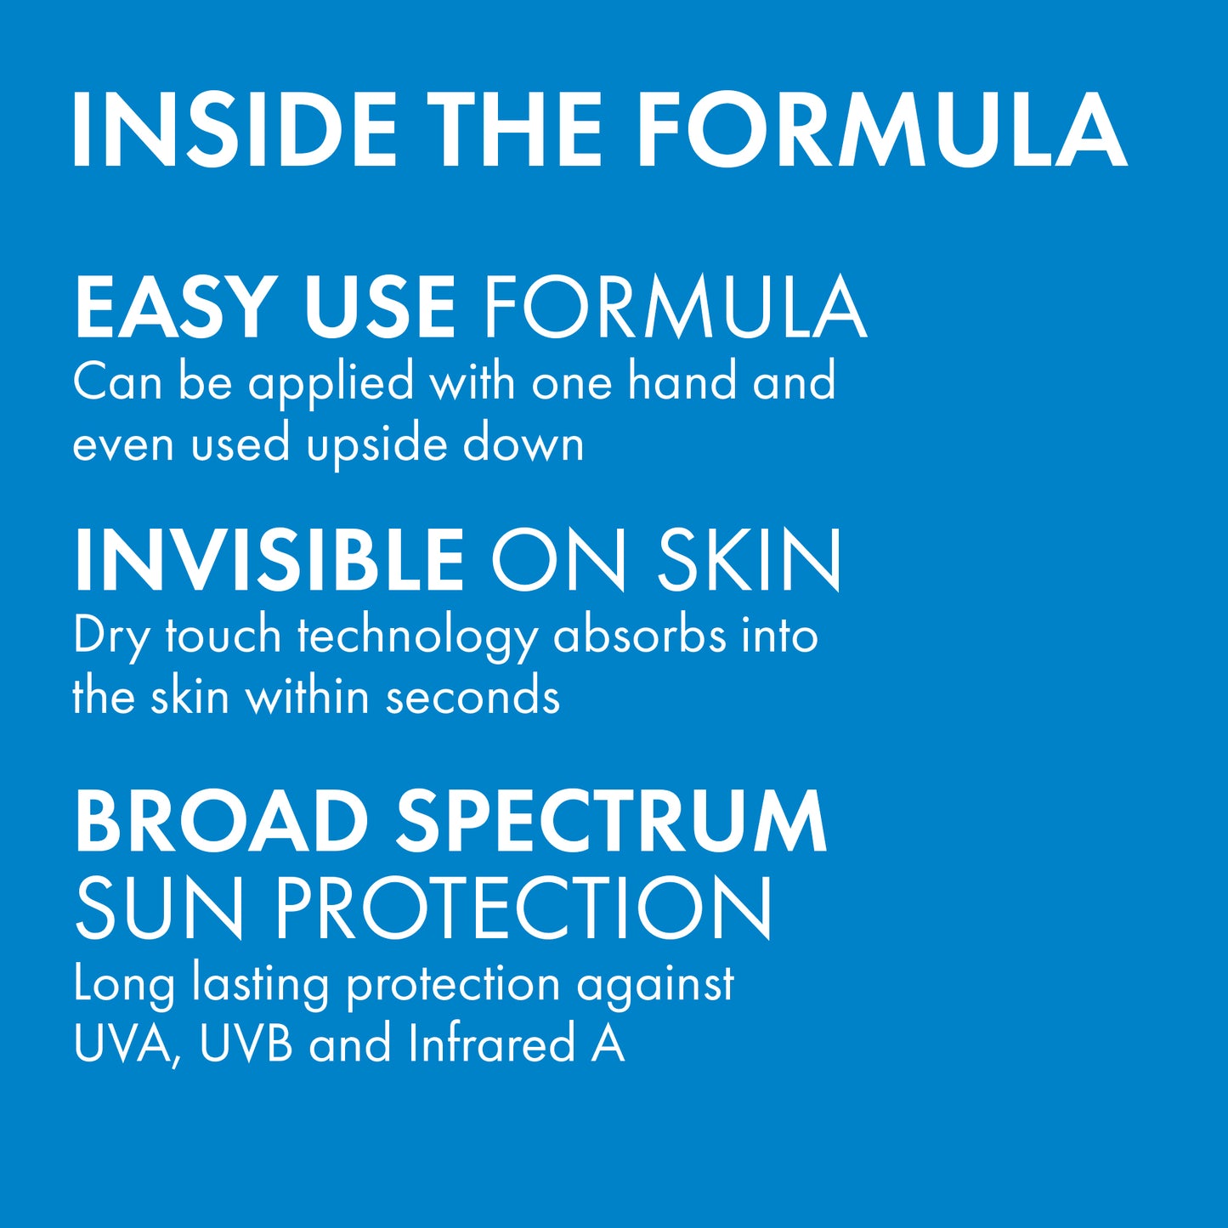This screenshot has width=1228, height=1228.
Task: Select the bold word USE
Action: pos(380,307)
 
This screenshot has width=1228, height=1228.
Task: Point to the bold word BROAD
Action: pos(220,821)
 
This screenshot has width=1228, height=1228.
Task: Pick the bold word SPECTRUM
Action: pos(611,821)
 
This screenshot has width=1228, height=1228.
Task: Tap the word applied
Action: pos(331,383)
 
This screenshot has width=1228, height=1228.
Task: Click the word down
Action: pos(523,444)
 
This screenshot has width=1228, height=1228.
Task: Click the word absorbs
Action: pos(640,636)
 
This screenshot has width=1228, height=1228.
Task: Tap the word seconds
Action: pos(473,697)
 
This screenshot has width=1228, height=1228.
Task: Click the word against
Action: pos(655,984)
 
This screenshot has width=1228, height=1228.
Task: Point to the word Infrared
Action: pos(491,1044)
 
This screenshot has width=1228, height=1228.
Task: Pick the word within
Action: pos(307,697)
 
